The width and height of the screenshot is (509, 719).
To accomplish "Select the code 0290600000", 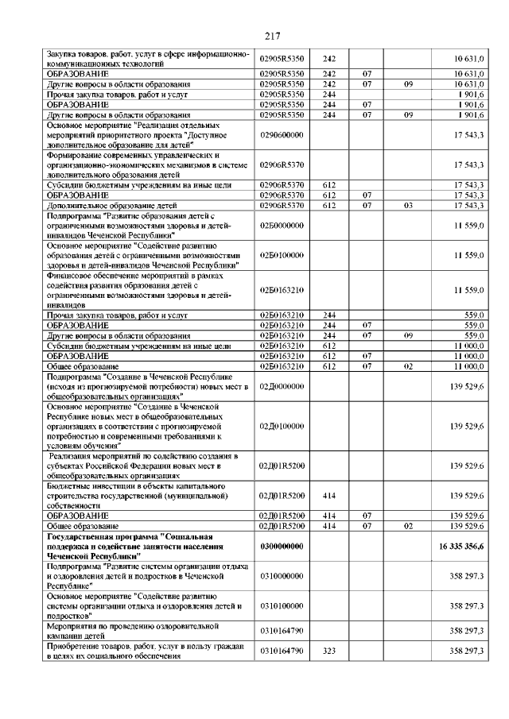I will (282, 136).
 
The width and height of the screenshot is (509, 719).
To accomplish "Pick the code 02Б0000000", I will (282, 226).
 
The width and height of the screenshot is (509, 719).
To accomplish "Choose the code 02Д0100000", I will (282, 427).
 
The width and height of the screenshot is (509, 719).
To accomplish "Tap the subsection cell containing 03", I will (406, 206).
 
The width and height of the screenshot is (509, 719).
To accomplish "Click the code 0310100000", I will (282, 605).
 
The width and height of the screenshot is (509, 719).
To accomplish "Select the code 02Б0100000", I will (282, 256).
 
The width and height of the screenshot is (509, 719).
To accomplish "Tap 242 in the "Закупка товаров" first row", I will (329, 58).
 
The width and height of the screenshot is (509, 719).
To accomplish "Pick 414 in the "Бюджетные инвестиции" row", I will (329, 496).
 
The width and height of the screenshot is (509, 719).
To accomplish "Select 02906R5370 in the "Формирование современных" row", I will (282, 165).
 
